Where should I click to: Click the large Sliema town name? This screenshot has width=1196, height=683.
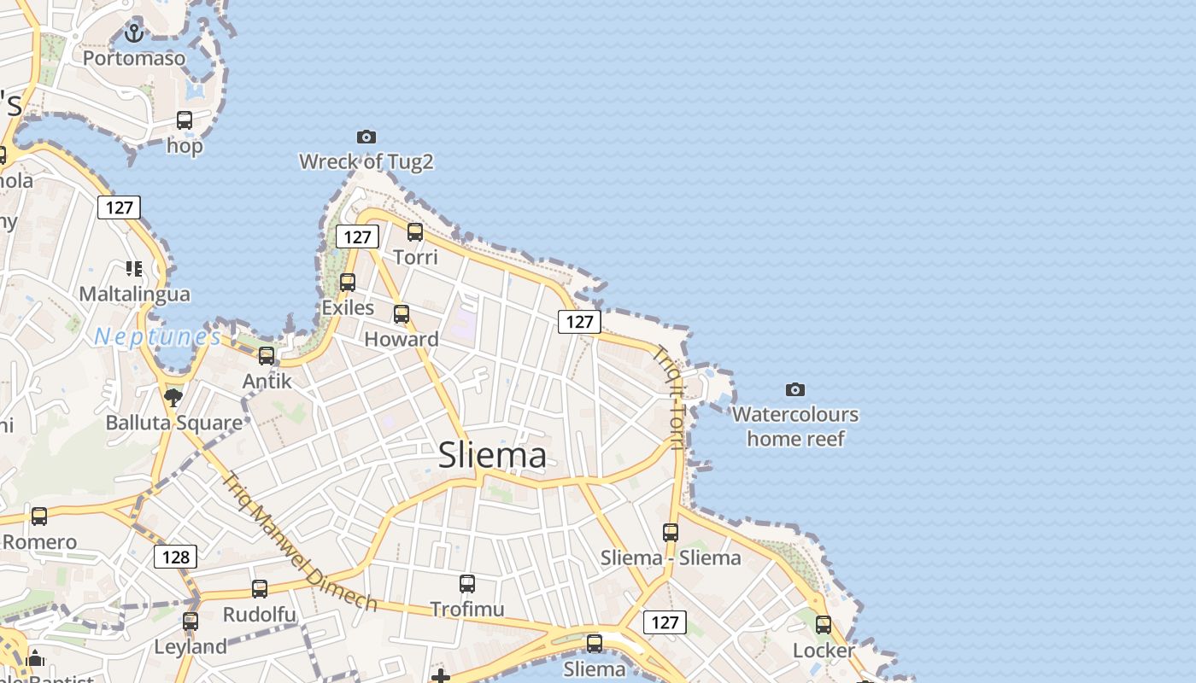(492, 455)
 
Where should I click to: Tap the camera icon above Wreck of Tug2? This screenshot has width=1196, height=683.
(366, 137)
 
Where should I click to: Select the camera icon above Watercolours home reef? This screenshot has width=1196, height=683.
(795, 389)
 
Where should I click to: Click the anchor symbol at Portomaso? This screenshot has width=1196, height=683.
(133, 33)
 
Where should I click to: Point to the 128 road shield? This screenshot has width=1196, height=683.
(175, 557)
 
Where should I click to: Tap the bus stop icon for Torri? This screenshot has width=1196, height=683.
(415, 231)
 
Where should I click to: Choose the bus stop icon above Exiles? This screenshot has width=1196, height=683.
(348, 282)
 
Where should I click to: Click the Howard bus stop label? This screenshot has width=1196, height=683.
(402, 339)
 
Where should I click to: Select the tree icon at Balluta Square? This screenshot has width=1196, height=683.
(173, 397)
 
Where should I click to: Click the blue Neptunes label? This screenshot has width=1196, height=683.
(157, 337)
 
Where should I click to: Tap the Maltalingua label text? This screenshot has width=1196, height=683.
(134, 295)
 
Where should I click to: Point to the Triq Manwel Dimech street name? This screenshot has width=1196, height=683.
(299, 541)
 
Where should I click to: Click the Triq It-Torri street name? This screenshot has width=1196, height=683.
(670, 397)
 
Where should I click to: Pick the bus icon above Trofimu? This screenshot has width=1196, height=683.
(467, 584)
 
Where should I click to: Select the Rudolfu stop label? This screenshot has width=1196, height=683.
(259, 615)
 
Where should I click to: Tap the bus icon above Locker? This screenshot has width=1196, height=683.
(824, 625)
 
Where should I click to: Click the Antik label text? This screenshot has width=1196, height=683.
(267, 381)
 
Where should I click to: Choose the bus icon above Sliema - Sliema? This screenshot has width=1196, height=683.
(671, 533)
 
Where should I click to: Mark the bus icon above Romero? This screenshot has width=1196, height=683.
(39, 517)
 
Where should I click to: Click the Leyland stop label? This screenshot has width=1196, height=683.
(191, 647)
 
